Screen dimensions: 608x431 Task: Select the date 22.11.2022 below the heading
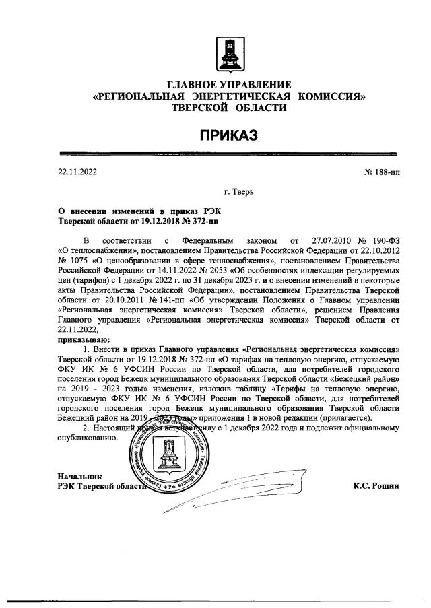pos(78,172)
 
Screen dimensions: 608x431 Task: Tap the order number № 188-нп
pos(382,172)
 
